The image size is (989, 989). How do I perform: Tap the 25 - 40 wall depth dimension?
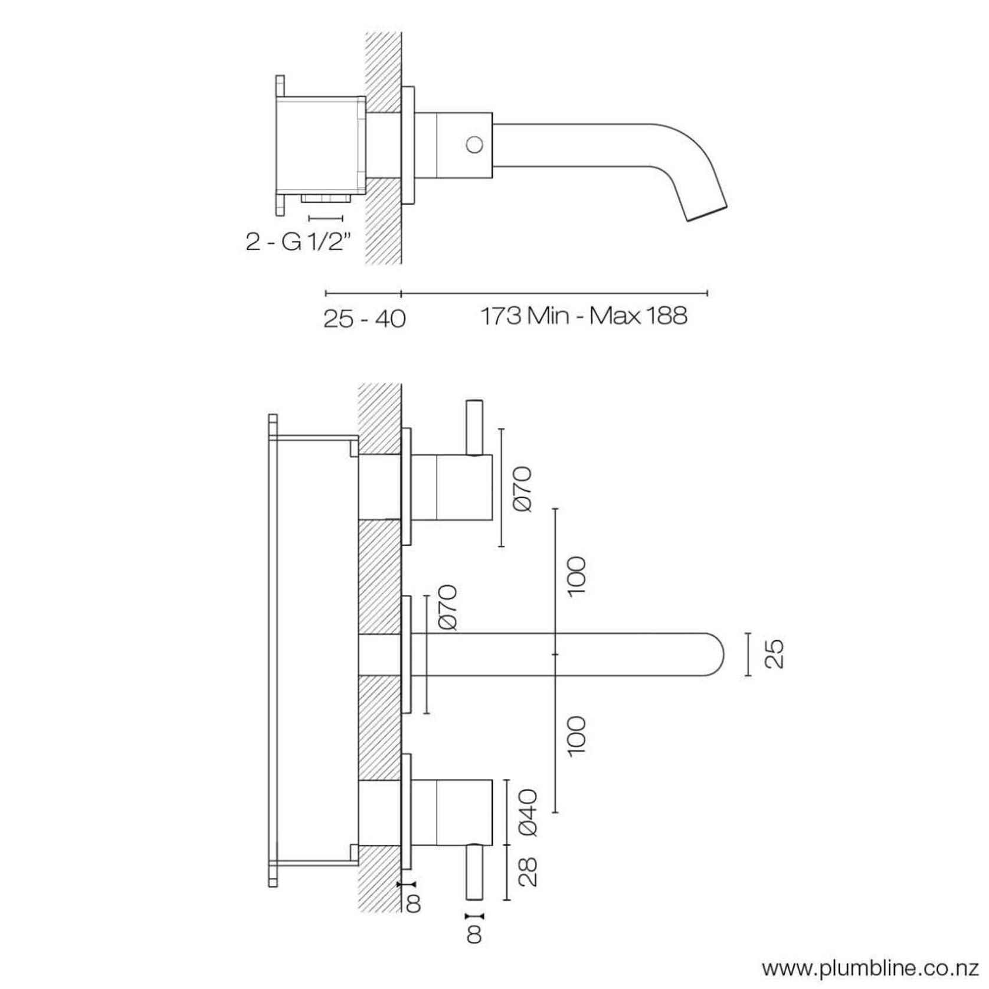point(364,319)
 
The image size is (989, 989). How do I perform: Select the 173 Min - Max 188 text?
point(584,316)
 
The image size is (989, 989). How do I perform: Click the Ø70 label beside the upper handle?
point(523,489)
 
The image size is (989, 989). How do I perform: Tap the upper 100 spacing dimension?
point(576,575)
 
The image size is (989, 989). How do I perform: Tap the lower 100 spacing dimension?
point(576,735)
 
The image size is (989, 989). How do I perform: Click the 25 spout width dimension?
point(775,654)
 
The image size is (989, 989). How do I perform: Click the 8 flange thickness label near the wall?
point(412,919)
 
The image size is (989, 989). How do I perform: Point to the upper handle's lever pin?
point(474,428)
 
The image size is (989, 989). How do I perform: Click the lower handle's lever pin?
point(474,880)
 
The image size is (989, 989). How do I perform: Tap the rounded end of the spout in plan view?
point(715,654)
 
